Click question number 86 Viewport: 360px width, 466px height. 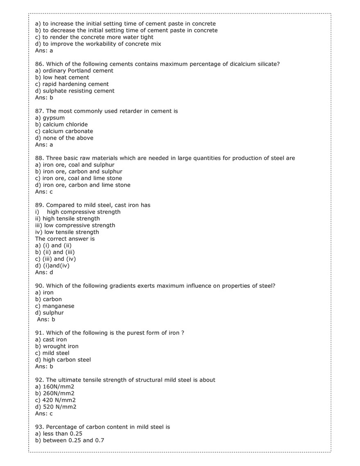coord(39,64)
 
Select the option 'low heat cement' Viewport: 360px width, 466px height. coord(66,77)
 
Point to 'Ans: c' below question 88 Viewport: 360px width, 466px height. coord(44,192)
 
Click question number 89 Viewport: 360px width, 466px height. coord(39,205)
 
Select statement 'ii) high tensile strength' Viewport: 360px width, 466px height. coord(68,219)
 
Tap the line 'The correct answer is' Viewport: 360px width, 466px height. coord(65,239)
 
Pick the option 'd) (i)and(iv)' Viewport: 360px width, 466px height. coord(52,266)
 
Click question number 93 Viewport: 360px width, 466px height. coord(39,427)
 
